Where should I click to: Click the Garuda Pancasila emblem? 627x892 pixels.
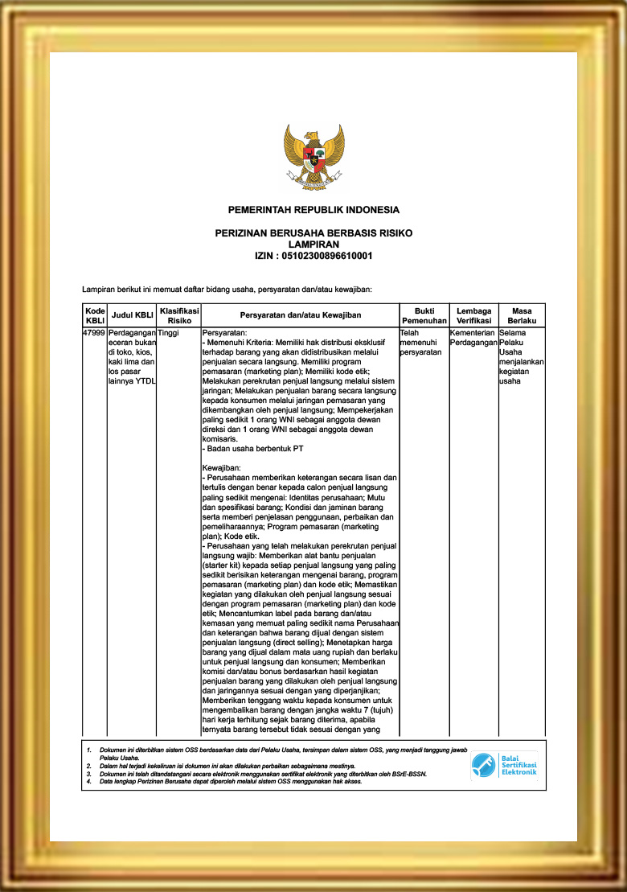tap(313, 157)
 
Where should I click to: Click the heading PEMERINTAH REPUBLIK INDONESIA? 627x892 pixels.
tap(313, 210)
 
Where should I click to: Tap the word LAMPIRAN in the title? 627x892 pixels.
tap(313, 244)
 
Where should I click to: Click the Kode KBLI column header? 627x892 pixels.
tap(94, 314)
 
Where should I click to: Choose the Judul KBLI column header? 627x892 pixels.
tap(132, 314)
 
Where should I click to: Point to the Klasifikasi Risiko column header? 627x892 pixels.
tap(178, 314)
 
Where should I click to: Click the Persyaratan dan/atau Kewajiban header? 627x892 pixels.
tap(300, 314)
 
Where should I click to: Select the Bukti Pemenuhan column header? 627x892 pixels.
tap(424, 314)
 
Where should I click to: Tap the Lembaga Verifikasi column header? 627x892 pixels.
tap(473, 314)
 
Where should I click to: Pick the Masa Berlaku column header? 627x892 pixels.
tap(521, 314)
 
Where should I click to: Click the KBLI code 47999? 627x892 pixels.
tap(94, 331)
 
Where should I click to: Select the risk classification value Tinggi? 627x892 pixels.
tap(169, 331)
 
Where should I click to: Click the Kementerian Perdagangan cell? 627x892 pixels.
tap(473, 337)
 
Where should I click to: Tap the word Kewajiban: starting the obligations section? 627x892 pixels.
tap(220, 467)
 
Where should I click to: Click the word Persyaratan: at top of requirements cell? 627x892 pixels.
tap(225, 331)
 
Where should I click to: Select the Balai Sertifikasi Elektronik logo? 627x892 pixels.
tap(504, 767)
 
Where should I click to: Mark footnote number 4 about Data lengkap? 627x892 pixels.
tap(89, 782)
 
